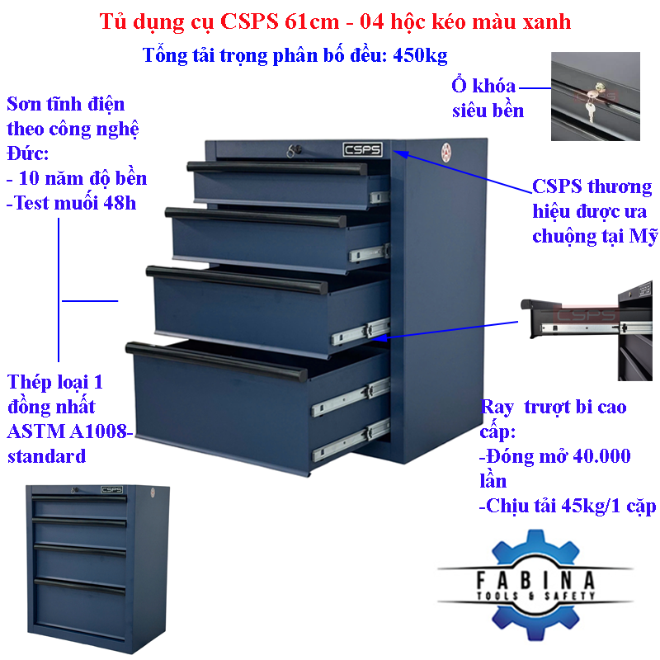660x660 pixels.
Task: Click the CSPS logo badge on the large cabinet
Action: click(x=362, y=149)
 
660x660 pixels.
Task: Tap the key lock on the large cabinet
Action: click(x=295, y=151)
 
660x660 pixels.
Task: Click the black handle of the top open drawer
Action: click(x=277, y=167)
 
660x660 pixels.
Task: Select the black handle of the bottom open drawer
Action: click(x=217, y=361)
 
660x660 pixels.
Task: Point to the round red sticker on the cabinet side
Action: click(x=445, y=152)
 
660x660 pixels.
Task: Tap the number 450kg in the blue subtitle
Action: click(x=420, y=55)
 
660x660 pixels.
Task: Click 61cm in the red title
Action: click(x=312, y=21)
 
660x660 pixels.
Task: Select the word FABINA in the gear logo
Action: click(x=535, y=580)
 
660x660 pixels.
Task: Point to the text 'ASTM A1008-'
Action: click(x=69, y=431)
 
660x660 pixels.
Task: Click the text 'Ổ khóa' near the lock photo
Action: click(x=483, y=86)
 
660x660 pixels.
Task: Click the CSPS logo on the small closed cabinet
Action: click(x=111, y=489)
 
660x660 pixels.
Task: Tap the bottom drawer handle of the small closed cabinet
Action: click(x=79, y=586)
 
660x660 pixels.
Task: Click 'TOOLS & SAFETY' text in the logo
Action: click(x=535, y=596)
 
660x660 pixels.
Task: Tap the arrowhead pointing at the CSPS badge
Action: click(x=400, y=153)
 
